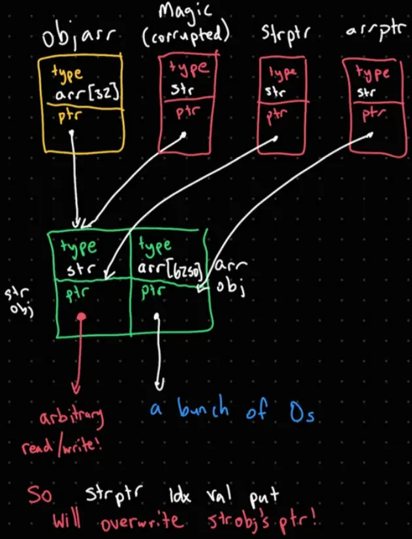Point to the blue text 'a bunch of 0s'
(x=232, y=410)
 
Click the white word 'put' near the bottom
(x=264, y=497)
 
